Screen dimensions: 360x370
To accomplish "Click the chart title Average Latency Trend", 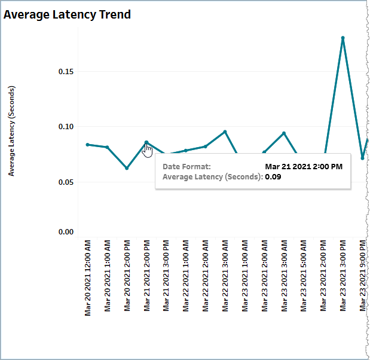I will pyautogui.click(x=68, y=14).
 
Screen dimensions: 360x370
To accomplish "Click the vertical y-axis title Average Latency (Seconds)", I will pyautogui.click(x=12, y=131).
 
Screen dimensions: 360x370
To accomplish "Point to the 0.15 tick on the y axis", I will pyautogui.click(x=66, y=72).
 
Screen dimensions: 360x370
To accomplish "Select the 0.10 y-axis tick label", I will pyautogui.click(x=66, y=127).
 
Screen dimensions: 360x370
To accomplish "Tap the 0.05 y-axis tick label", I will pyautogui.click(x=66, y=182).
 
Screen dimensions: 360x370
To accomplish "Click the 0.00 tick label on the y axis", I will pyautogui.click(x=66, y=232).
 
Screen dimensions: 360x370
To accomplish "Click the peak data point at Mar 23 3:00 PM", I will pyautogui.click(x=343, y=38).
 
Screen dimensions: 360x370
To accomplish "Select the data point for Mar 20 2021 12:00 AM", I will pyautogui.click(x=87, y=145).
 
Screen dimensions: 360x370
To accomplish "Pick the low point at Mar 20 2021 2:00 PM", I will pyautogui.click(x=127, y=168).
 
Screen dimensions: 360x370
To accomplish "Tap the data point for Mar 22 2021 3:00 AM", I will pyautogui.click(x=225, y=132).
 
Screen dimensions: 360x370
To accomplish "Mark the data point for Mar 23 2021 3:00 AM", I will pyautogui.click(x=284, y=133).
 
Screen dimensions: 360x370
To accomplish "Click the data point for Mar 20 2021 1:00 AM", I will pyautogui.click(x=107, y=147).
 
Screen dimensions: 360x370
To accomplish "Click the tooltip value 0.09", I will pyautogui.click(x=273, y=177).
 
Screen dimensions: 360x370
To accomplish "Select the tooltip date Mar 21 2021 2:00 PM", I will pyautogui.click(x=304, y=166).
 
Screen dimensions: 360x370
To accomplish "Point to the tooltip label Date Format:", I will pyautogui.click(x=186, y=166).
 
